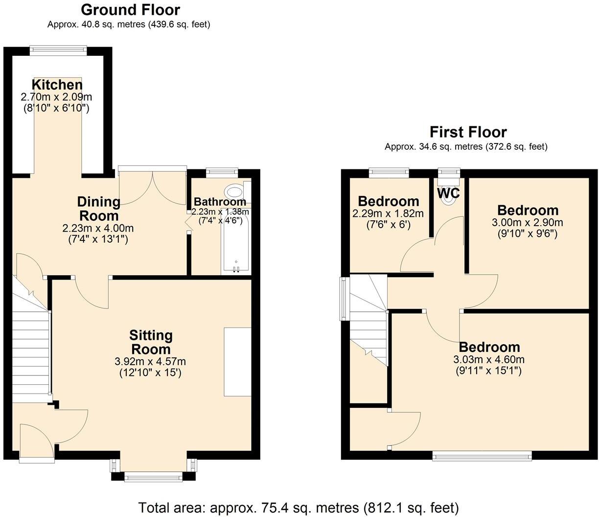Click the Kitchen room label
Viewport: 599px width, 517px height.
[57, 84]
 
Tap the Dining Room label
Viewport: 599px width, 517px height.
[98, 209]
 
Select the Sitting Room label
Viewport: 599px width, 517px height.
[151, 342]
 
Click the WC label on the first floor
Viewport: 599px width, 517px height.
[448, 193]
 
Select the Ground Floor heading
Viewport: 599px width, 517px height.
[130, 10]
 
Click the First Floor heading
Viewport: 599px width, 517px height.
[468, 132]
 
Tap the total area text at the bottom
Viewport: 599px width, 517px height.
[299, 507]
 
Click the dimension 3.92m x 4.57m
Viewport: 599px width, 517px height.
[150, 362]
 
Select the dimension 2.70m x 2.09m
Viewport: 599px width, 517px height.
[56, 97]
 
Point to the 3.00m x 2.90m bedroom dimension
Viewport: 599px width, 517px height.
[528, 223]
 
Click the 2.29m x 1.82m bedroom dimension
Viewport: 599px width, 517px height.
[388, 214]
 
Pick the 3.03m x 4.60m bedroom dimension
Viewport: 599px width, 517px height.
[489, 360]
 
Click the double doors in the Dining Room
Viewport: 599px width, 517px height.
[152, 186]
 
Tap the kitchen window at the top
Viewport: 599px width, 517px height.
[58, 48]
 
